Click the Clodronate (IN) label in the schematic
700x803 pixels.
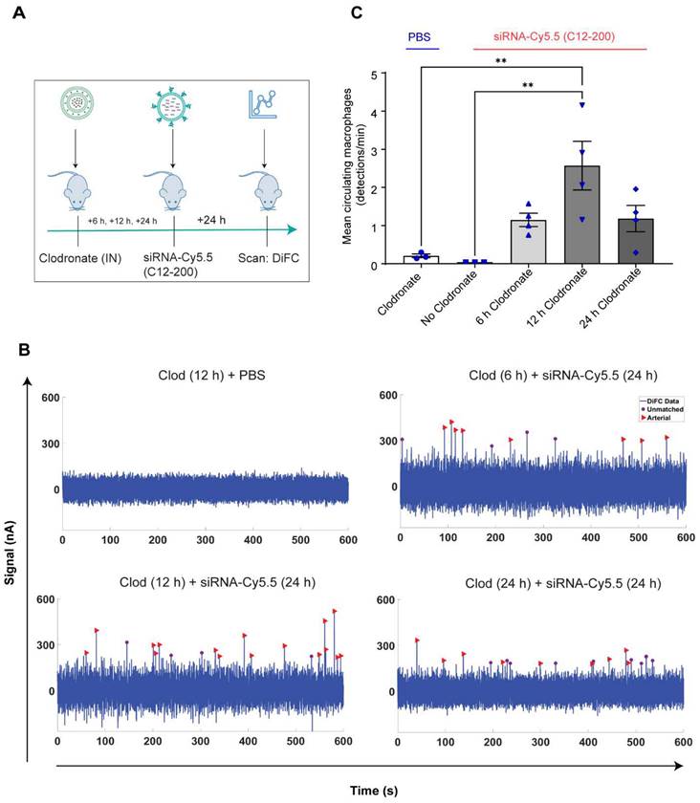77,257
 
